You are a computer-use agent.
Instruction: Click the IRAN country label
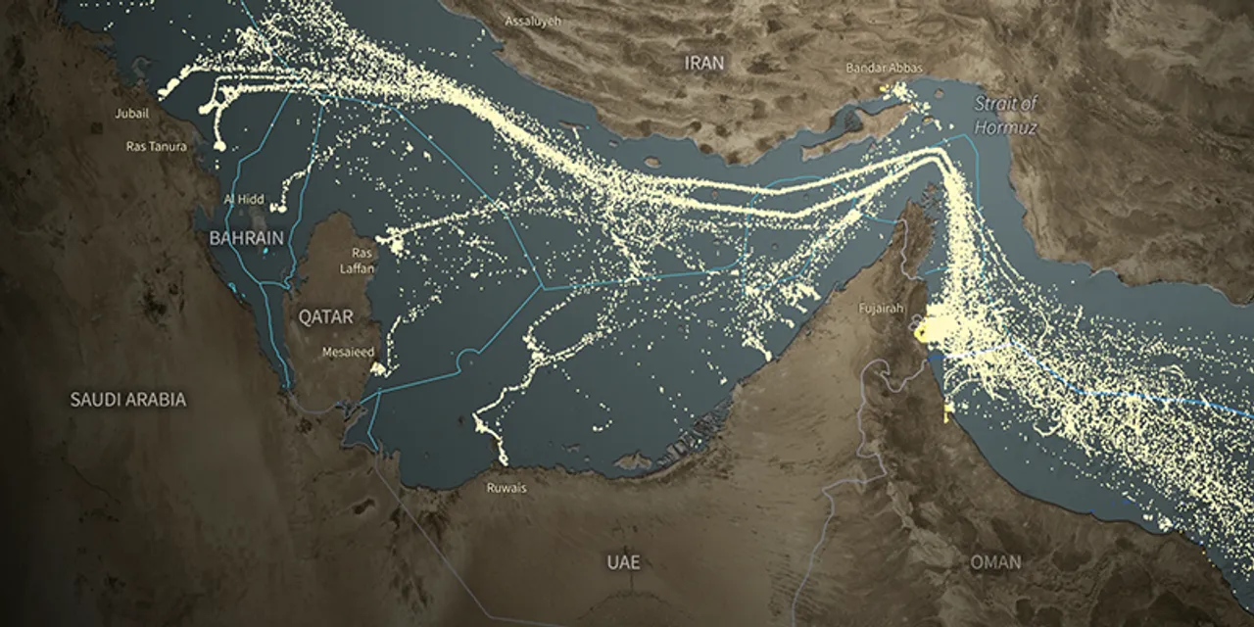[x=704, y=63]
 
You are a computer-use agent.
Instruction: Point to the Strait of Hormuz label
[x=1005, y=115]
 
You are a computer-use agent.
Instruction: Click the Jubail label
[x=132, y=114]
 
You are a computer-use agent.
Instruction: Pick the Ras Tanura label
[x=156, y=146]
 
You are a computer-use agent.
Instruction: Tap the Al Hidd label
[x=243, y=199]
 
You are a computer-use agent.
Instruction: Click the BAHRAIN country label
[x=246, y=238]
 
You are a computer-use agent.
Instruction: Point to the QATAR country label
[x=325, y=315]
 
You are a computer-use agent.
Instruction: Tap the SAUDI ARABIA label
[x=127, y=400]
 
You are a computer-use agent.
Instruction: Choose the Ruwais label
[x=506, y=486]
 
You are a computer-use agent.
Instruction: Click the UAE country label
[x=623, y=562]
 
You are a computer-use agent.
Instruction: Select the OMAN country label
[x=994, y=562]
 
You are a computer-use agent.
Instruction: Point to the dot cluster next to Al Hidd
[x=279, y=207]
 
